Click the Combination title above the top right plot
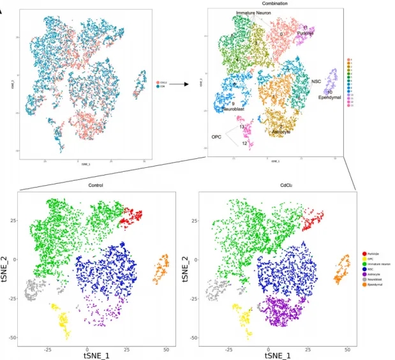pyautogui.click(x=274, y=4)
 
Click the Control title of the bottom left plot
pyautogui.click(x=96, y=185)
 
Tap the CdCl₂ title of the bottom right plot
pyautogui.click(x=273, y=185)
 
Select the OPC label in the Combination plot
pyautogui.click(x=218, y=136)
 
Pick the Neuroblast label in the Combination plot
pyautogui.click(x=234, y=109)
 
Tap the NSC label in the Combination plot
pyautogui.click(x=316, y=81)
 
